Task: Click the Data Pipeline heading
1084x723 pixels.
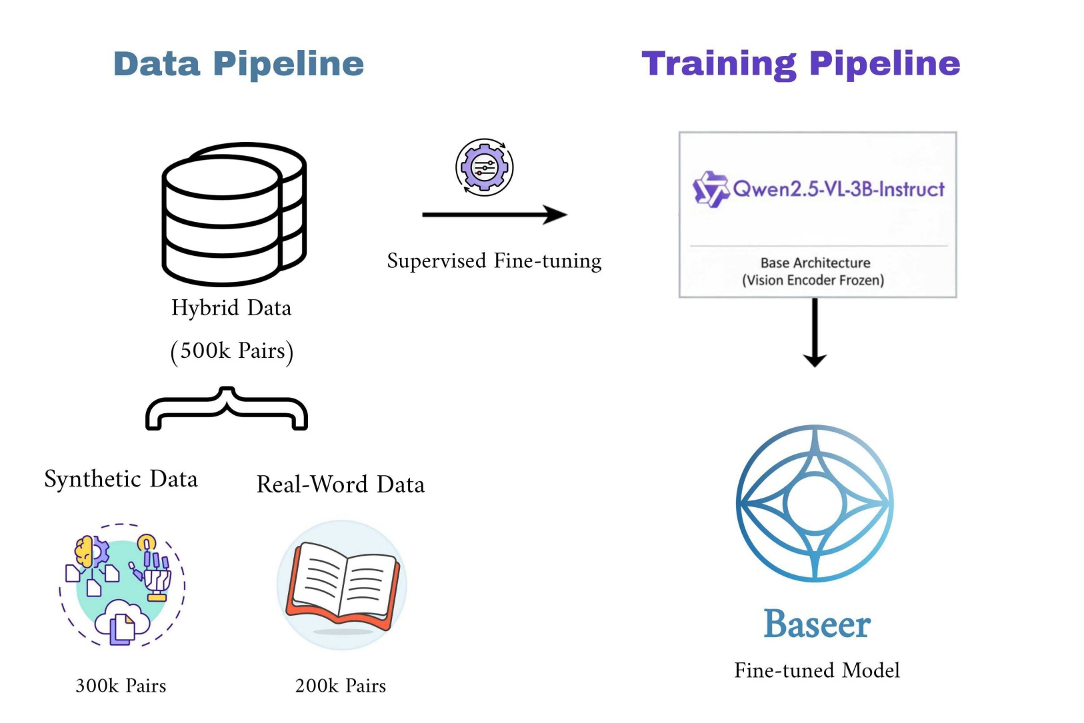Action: click(x=239, y=64)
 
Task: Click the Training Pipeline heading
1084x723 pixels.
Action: click(x=801, y=64)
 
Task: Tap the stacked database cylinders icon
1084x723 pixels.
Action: click(x=233, y=214)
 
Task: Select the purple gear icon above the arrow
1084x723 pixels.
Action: click(x=485, y=167)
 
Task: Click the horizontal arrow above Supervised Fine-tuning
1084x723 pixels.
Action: click(x=494, y=215)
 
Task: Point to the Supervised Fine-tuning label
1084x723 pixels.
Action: click(x=494, y=261)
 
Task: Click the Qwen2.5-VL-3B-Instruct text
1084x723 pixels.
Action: click(x=839, y=189)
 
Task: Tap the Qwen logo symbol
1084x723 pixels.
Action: click(x=710, y=189)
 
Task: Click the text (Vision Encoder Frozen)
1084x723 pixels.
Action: click(x=813, y=281)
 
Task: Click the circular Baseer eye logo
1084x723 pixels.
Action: click(x=815, y=503)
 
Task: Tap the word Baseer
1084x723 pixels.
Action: click(x=817, y=624)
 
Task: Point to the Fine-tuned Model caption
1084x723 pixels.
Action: click(x=817, y=670)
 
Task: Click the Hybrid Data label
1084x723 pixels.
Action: click(x=231, y=308)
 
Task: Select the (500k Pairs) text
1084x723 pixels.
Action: click(x=231, y=351)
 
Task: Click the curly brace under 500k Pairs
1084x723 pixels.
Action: click(x=227, y=408)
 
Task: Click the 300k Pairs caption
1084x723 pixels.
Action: click(x=121, y=686)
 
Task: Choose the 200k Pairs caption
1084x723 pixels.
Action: click(x=341, y=686)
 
